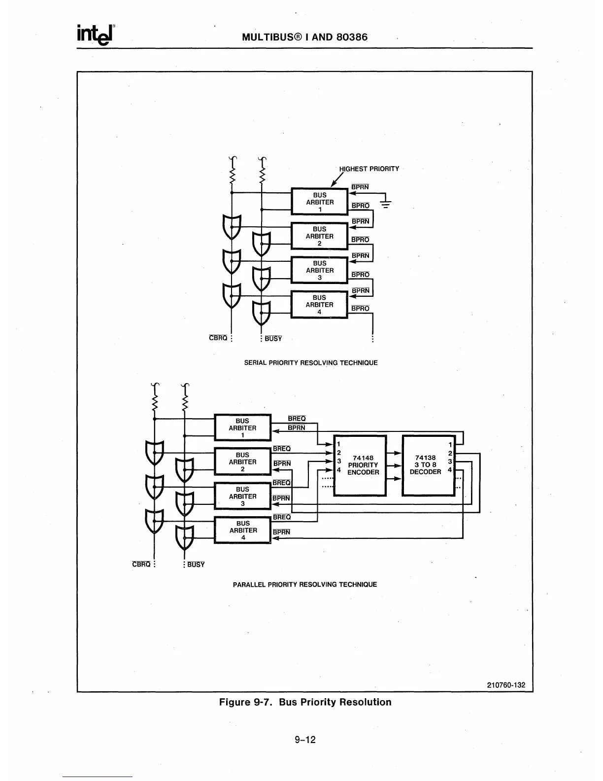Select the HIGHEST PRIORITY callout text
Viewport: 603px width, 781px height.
pos(369,169)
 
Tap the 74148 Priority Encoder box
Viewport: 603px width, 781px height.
pos(360,465)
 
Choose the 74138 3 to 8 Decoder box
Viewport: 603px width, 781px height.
pos(428,465)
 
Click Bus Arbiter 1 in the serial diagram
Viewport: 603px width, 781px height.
pos(319,202)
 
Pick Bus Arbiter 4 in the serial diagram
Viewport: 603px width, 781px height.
pos(319,304)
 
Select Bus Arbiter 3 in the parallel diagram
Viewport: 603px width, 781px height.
pos(242,496)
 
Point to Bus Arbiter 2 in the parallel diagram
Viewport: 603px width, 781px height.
pos(242,462)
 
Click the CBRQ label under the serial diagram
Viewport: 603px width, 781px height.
pos(218,338)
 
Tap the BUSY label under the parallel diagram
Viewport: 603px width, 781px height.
pos(196,565)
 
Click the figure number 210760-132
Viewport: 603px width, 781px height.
pos(506,685)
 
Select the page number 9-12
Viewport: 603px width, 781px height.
pos(305,739)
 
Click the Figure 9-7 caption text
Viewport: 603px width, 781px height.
pos(305,702)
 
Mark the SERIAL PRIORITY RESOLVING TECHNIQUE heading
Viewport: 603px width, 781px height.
pos(311,363)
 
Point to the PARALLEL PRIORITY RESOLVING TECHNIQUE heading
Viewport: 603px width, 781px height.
pos(304,584)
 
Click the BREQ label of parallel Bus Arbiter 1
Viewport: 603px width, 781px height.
pos(297,419)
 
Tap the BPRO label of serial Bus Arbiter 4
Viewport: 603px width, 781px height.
pos(360,309)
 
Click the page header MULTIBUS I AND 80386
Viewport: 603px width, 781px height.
pos(304,37)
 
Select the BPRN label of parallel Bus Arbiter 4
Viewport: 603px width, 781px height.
pos(281,532)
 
